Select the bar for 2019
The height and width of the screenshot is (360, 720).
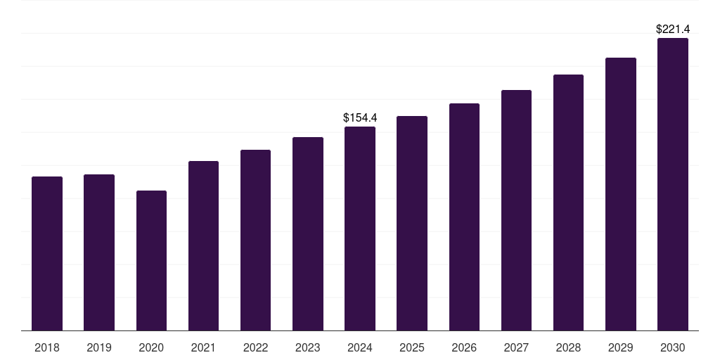[x=99, y=252]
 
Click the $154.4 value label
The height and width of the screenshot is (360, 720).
[x=360, y=117]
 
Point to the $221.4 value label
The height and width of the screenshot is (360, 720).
[x=673, y=29]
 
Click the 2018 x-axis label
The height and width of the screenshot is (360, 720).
[x=47, y=347]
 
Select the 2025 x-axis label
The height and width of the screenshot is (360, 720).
[x=412, y=347]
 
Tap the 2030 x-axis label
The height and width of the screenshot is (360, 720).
[x=673, y=347]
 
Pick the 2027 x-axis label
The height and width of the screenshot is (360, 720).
[x=516, y=347]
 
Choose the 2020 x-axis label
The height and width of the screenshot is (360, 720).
[x=151, y=347]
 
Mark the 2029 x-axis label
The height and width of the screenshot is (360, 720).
[x=621, y=347]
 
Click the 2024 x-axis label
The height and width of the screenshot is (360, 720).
[x=360, y=347]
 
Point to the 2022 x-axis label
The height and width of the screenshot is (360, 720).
[x=255, y=347]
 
